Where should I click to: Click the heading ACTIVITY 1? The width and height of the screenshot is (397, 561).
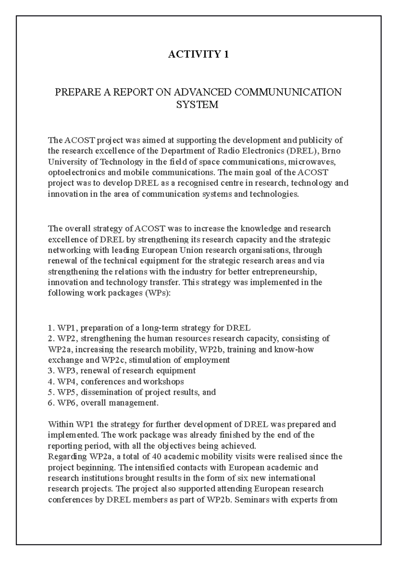(198, 54)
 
